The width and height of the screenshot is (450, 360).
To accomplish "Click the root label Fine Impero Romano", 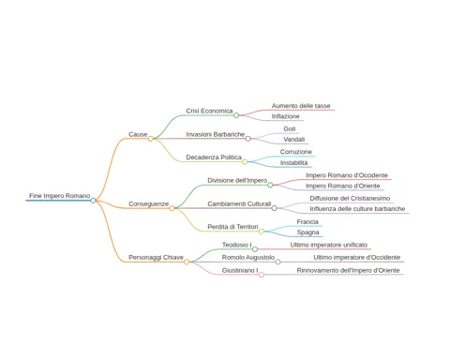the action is pos(60,196).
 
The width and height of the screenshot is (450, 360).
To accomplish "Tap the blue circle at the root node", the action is pos(93,201).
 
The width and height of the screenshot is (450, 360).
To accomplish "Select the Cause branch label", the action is pos(138,134).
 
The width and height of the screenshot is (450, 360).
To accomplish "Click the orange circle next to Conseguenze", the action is pos(172,208).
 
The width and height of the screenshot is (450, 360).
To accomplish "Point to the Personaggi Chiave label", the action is pos(156,258).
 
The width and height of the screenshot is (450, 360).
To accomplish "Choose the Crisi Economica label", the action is pos(209,111).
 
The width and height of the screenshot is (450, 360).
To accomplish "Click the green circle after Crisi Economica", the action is pos(236,115).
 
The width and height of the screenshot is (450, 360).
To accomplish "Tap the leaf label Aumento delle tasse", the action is pos(301,106).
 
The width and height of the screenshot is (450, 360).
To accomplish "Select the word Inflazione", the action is pos(285,116).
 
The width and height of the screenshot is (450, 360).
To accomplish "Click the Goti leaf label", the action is pos(290,128).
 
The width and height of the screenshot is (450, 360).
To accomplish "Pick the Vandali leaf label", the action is pos(294,140).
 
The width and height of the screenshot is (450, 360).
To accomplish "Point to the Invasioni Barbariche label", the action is pos(216,134).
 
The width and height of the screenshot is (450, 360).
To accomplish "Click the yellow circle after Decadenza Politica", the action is pos(245,161).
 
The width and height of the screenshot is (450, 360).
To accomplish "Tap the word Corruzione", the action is pos(296,152).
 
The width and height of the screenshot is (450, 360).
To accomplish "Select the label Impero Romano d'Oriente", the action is pos(343,186).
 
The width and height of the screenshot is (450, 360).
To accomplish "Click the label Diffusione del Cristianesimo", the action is pos(350,199).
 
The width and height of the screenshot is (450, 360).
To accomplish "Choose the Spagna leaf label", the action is pos(307,232).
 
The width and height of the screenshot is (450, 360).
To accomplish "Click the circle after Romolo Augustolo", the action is pos(277,262).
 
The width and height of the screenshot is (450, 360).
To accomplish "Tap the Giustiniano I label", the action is pos(240,270).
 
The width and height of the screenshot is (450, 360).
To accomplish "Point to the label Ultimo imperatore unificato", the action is pos(329,245).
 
